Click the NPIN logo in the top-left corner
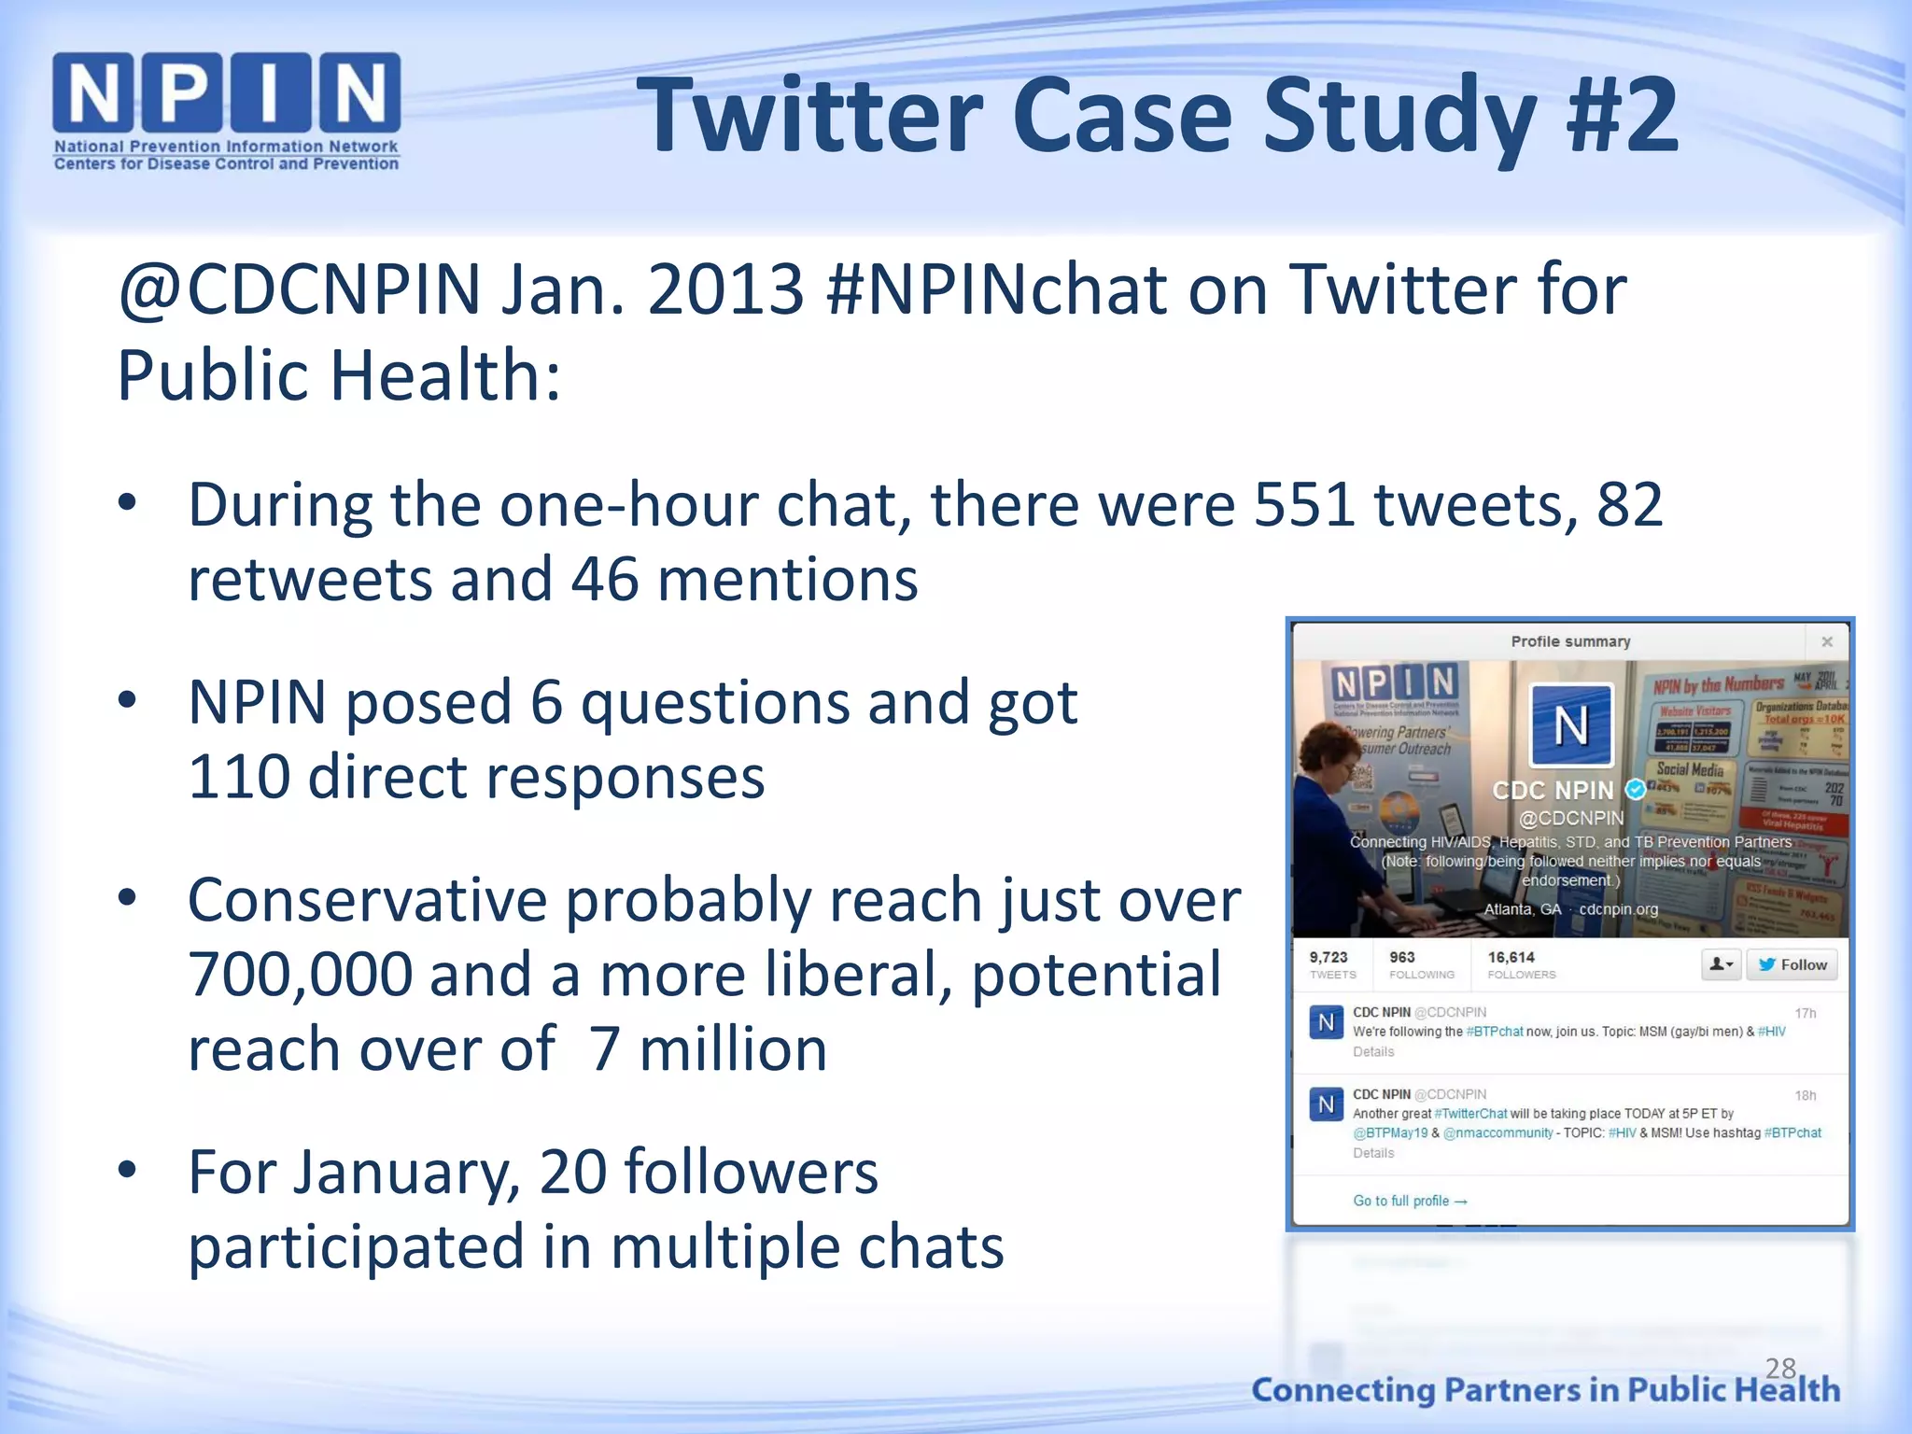point(226,110)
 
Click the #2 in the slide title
point(1623,116)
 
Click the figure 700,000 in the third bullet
point(300,975)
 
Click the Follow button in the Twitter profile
point(1792,964)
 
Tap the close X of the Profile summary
point(1827,641)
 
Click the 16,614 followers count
point(1511,958)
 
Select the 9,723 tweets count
point(1329,958)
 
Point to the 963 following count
point(1402,958)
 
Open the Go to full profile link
point(1410,1201)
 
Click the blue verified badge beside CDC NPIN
point(1635,790)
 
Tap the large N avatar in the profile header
point(1571,725)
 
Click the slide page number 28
point(1780,1369)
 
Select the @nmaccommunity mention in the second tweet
point(1498,1133)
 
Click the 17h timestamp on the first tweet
point(1806,1013)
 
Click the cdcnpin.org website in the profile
point(1619,909)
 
